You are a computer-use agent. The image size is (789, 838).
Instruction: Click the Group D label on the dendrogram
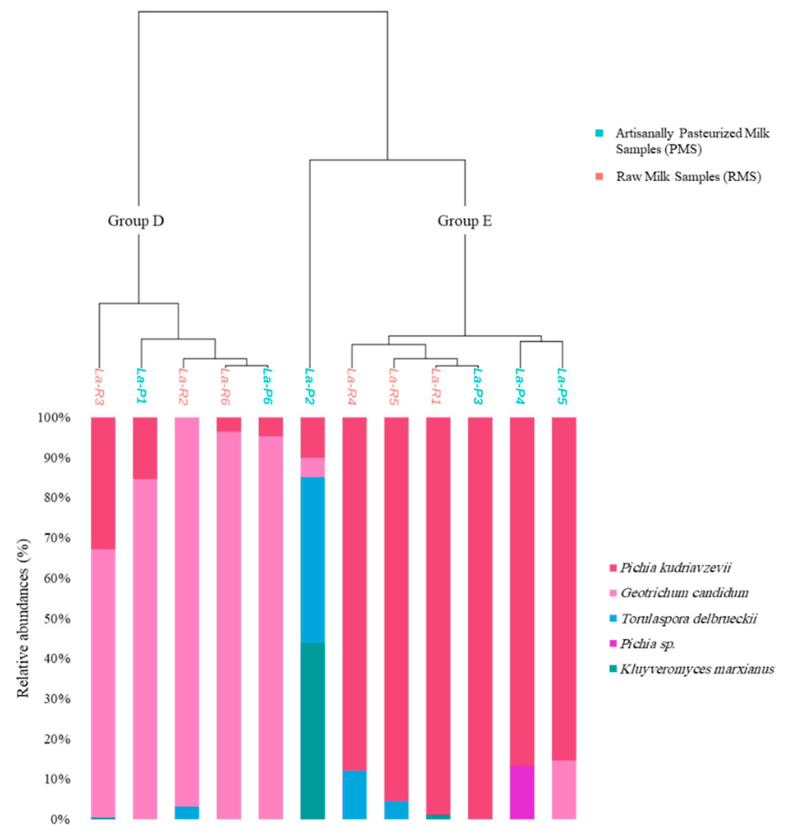(x=135, y=221)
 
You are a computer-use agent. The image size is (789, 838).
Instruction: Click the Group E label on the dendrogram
(x=464, y=221)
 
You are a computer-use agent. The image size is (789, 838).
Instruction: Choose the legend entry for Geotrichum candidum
(x=684, y=593)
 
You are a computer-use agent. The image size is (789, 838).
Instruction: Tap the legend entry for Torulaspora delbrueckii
(x=688, y=618)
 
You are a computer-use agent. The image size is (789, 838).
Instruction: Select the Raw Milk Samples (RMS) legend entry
(x=688, y=176)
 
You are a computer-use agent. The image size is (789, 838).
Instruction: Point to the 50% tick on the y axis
(x=54, y=619)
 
